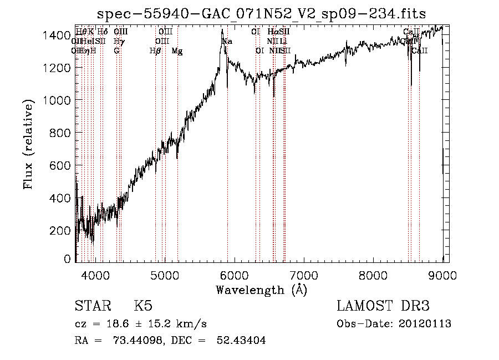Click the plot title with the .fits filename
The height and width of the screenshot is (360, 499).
click(262, 14)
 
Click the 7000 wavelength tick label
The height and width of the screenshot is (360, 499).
click(304, 274)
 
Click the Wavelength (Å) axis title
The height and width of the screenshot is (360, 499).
click(261, 290)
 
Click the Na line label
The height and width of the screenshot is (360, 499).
click(227, 42)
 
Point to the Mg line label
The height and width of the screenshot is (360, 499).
click(177, 51)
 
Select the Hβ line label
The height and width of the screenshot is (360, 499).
click(155, 51)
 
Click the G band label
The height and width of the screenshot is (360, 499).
click(116, 51)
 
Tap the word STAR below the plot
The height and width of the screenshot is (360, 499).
click(91, 306)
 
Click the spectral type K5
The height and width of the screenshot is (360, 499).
click(144, 306)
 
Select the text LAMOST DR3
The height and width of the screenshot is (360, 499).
click(383, 306)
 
